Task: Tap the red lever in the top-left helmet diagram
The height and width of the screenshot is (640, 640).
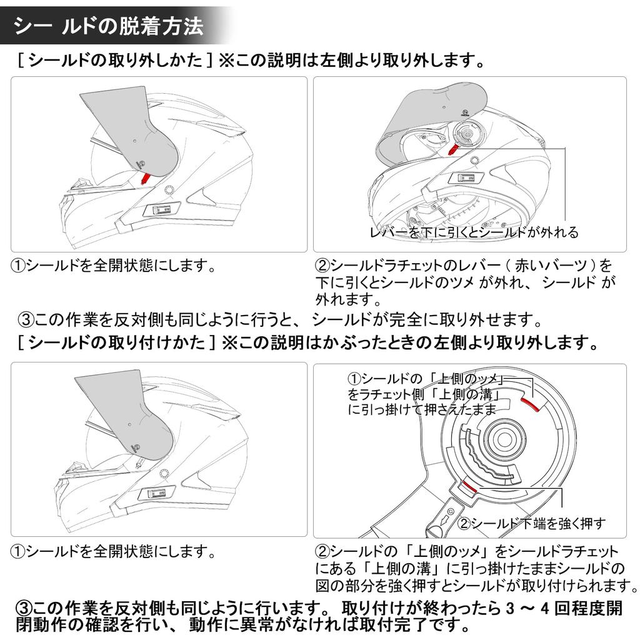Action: pyautogui.click(x=145, y=178)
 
